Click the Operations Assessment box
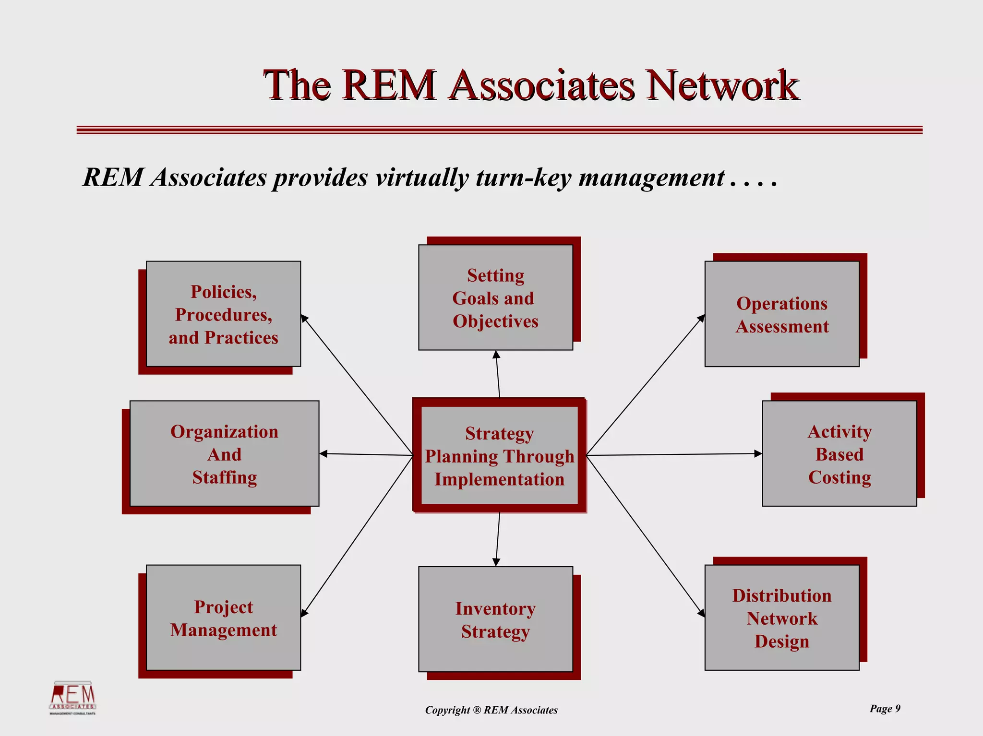(x=782, y=314)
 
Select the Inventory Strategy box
(x=495, y=619)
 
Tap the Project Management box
(x=224, y=618)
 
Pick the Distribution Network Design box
(x=782, y=618)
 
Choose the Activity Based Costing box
(x=839, y=454)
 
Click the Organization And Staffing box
(x=225, y=454)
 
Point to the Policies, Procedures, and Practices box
(x=224, y=314)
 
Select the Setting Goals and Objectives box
(x=495, y=298)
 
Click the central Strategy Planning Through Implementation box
(x=499, y=456)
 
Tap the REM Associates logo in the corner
(x=73, y=698)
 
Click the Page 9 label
(x=885, y=709)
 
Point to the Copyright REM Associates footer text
(x=491, y=710)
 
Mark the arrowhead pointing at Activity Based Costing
(x=758, y=453)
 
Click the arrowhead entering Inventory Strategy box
(x=496, y=562)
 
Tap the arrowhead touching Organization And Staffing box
(x=324, y=453)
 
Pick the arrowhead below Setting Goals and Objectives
(x=496, y=355)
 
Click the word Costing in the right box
(x=839, y=477)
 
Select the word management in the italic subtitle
(x=651, y=178)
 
